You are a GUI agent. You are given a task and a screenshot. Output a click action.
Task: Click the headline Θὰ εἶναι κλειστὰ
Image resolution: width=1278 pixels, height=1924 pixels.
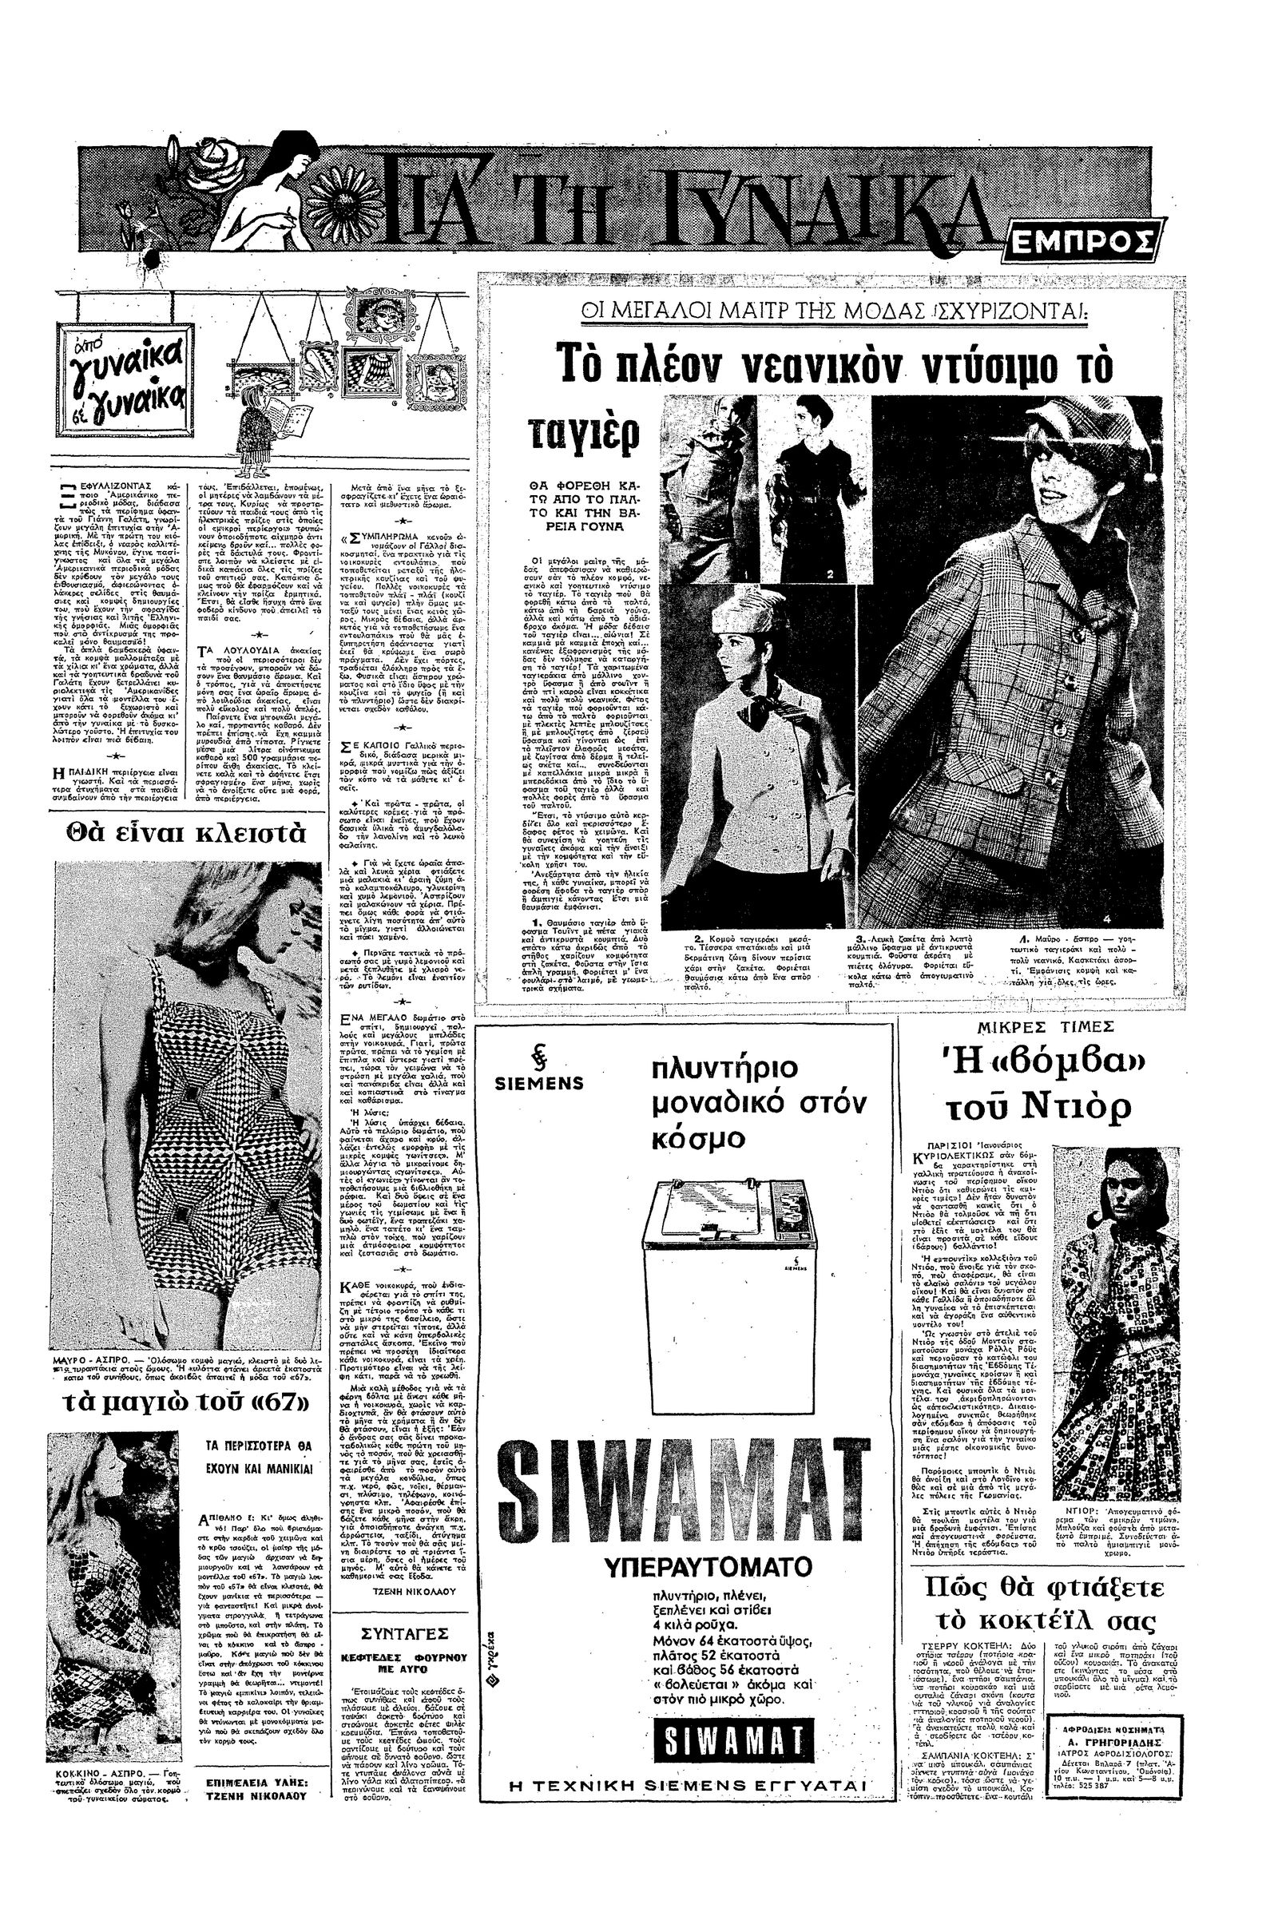coord(187,835)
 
